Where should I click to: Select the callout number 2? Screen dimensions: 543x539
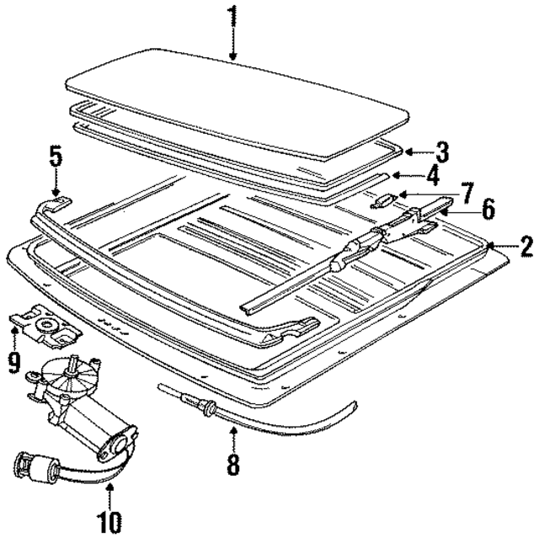coord(526,247)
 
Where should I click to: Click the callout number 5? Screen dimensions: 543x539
coord(56,157)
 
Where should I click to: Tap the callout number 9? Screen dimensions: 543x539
coord(13,362)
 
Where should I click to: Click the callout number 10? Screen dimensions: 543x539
coord(109,522)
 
